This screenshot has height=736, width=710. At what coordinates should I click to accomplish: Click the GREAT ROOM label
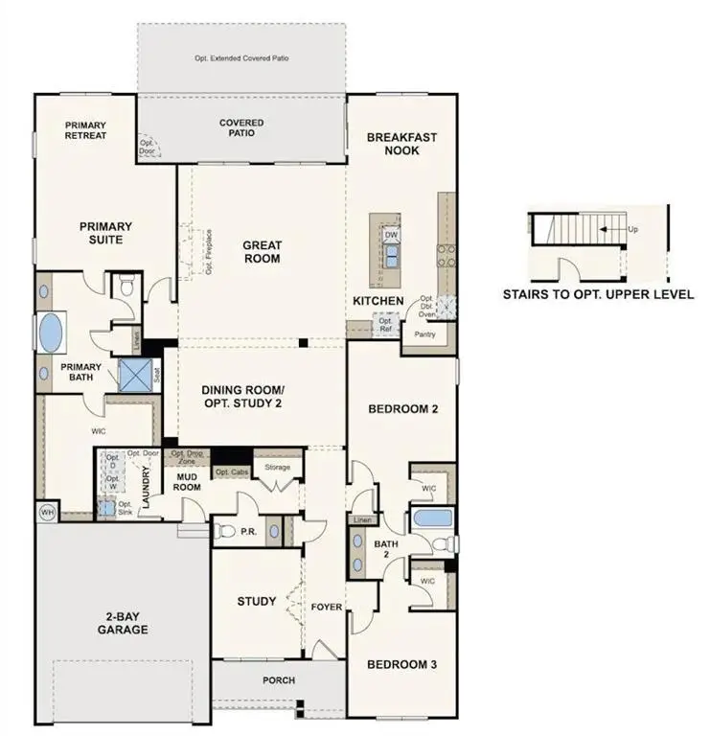pos(261,251)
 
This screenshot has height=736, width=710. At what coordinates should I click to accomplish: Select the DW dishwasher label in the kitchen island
pos(391,235)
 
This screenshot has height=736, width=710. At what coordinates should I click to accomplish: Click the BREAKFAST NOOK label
pos(401,144)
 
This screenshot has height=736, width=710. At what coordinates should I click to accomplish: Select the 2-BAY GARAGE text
pos(122,623)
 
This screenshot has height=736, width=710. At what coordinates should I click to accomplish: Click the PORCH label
pos(279,680)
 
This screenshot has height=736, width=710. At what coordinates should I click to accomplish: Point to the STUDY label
pos(257,602)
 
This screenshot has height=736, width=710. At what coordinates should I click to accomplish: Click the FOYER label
pos(326,607)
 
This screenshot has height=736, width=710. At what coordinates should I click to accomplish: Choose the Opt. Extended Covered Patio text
pos(241,58)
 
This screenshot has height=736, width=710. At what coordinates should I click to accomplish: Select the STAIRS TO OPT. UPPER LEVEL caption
pos(598,295)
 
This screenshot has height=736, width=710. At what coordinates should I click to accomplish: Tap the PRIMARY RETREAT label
pos(85,130)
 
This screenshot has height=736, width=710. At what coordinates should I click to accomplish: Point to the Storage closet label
pos(277,467)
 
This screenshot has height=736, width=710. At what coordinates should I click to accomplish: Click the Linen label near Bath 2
pos(361,520)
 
